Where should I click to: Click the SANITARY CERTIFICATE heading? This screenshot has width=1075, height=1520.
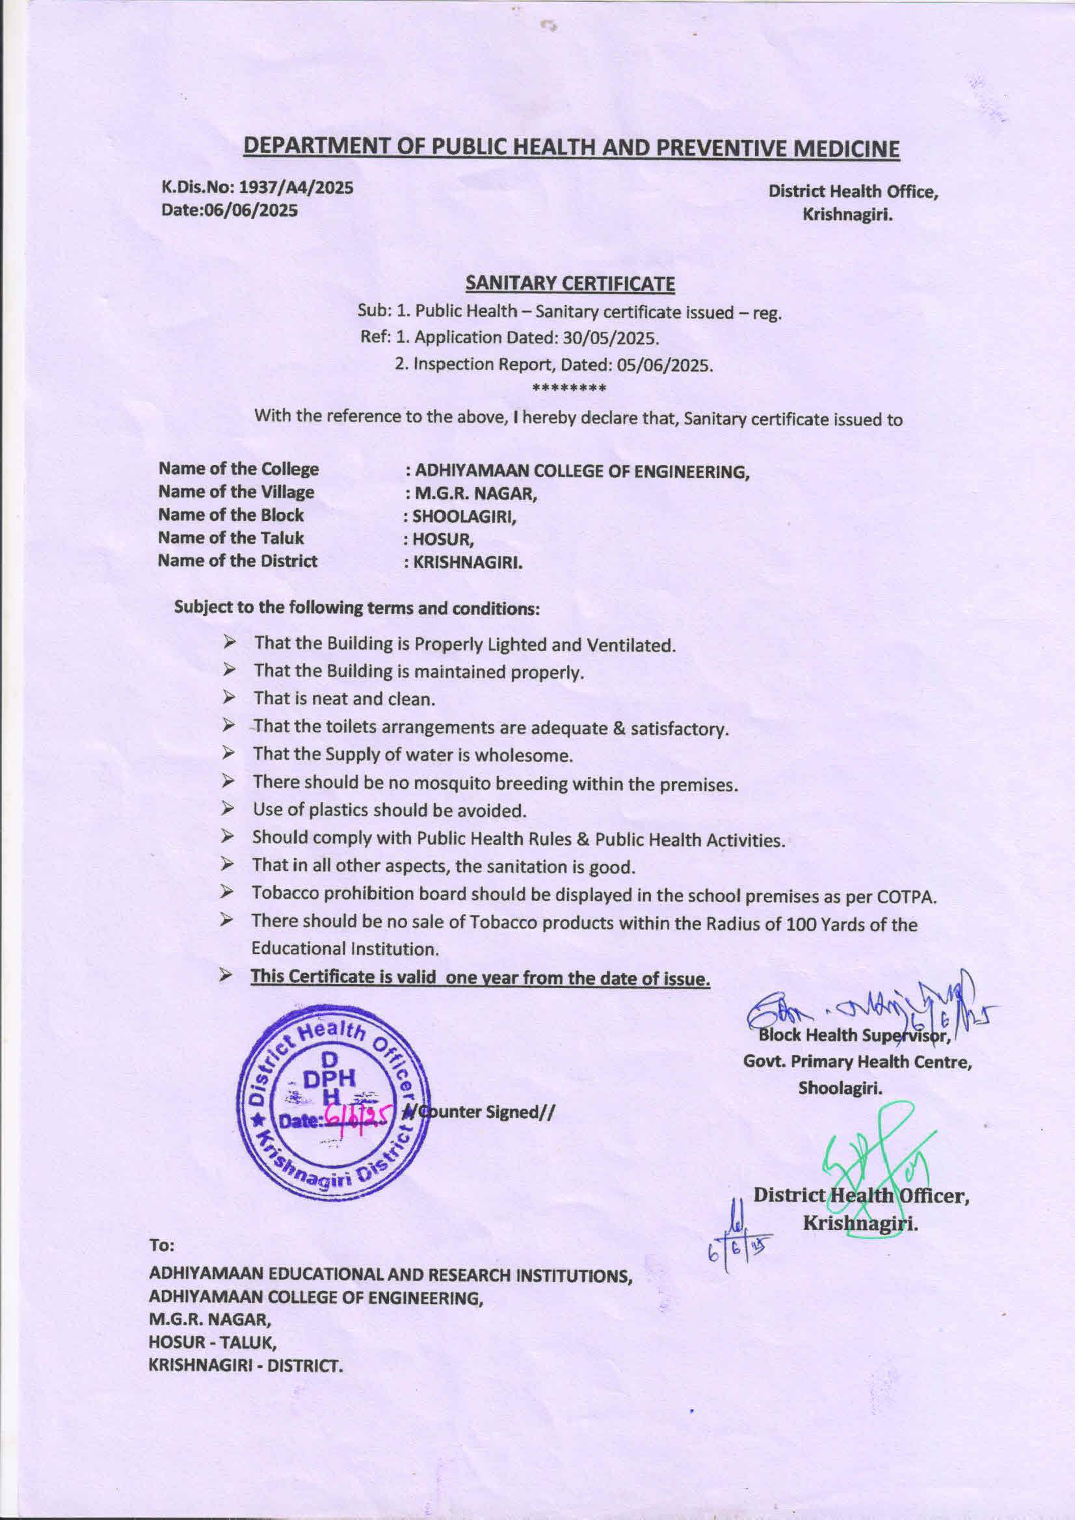tap(569, 284)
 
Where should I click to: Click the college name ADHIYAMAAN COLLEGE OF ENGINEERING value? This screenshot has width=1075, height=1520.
tap(581, 472)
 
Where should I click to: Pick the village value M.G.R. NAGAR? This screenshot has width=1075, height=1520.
tap(475, 494)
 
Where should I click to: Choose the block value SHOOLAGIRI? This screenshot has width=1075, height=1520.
tap(463, 516)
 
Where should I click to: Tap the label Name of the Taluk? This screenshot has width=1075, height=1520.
tap(230, 537)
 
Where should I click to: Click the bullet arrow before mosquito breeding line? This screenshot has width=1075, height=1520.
tap(228, 782)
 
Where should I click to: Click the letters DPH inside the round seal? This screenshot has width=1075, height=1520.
tap(329, 1079)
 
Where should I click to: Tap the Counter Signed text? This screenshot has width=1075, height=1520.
tap(482, 1112)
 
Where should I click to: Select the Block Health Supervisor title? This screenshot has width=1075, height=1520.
tap(854, 1035)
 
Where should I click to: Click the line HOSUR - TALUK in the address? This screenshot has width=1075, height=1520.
tap(213, 1343)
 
